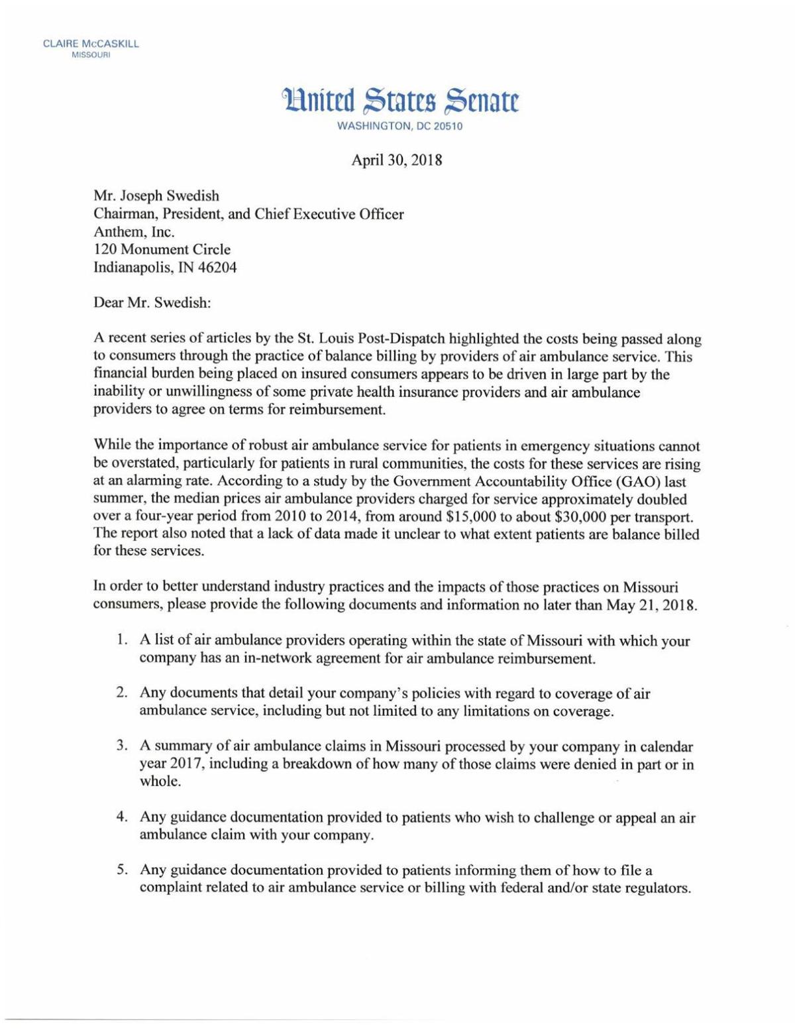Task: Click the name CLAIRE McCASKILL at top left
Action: click(91, 44)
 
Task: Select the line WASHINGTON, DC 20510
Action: click(399, 127)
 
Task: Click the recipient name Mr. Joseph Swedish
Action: click(156, 196)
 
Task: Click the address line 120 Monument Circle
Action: click(163, 250)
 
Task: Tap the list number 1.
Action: click(121, 641)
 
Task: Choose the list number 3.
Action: click(121, 746)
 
